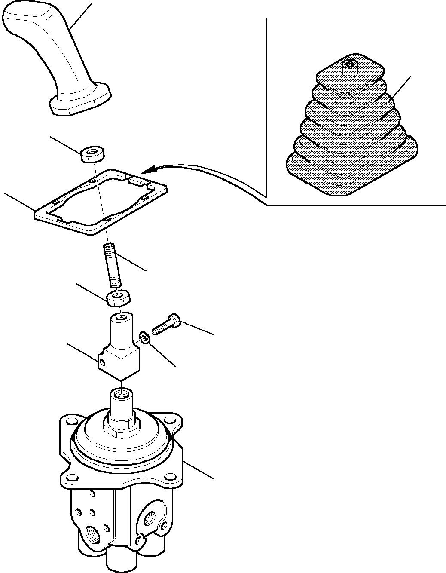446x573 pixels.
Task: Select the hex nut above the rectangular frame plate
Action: point(93,154)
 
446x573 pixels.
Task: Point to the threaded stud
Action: point(113,264)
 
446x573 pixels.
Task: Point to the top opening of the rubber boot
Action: point(351,65)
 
